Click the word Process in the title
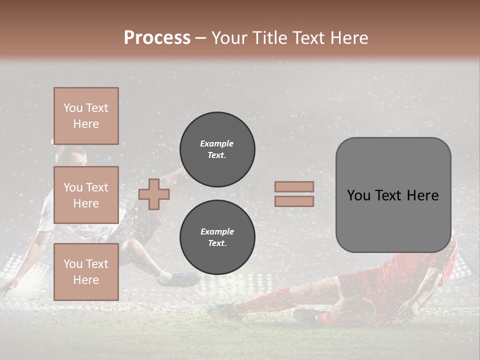click(x=157, y=37)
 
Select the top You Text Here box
click(x=86, y=116)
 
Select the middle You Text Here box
click(x=86, y=195)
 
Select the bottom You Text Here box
click(x=86, y=271)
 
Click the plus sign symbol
click(x=153, y=194)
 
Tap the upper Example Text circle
click(x=217, y=149)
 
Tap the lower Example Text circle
click(x=217, y=237)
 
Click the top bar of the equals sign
click(x=294, y=186)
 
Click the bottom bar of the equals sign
click(x=294, y=201)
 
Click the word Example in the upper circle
click(x=217, y=143)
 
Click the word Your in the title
click(x=230, y=37)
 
